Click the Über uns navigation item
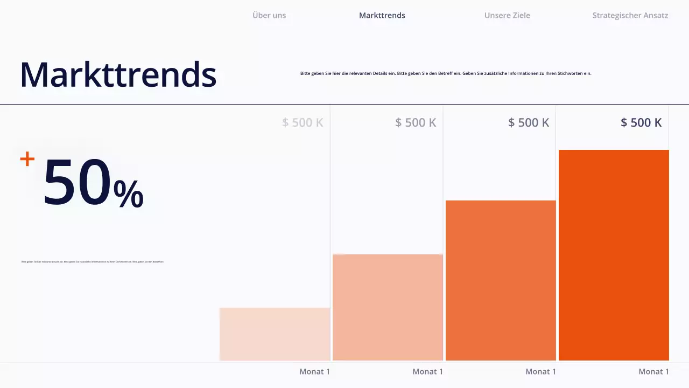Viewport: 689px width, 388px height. (269, 15)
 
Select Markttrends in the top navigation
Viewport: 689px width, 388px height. (382, 15)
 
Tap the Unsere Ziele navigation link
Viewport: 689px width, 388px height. (507, 15)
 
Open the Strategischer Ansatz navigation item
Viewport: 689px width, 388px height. (630, 15)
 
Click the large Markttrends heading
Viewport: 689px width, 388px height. (118, 74)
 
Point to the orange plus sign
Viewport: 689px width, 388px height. (27, 159)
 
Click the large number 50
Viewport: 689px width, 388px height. (77, 182)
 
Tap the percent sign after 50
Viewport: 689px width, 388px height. (129, 193)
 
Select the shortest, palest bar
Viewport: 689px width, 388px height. (275, 334)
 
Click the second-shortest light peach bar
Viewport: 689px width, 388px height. (388, 307)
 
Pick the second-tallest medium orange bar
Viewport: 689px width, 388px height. (501, 280)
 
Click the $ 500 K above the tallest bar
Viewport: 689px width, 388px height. (641, 122)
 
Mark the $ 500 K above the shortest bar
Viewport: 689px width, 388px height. (303, 122)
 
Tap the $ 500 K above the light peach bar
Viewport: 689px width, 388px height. (416, 122)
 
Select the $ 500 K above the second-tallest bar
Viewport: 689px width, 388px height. (529, 122)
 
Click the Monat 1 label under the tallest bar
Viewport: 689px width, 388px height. (653, 371)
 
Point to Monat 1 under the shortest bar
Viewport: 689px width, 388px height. (314, 371)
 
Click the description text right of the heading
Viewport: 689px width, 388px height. (446, 73)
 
